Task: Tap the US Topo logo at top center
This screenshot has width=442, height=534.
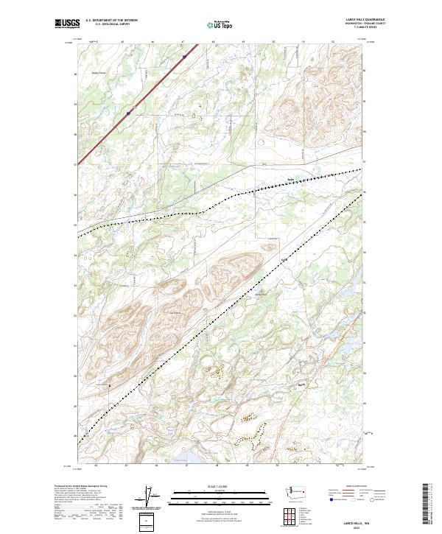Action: click(x=220, y=24)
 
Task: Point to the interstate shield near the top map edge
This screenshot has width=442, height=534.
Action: click(x=183, y=55)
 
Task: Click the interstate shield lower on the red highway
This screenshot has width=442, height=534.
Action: click(x=128, y=113)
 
